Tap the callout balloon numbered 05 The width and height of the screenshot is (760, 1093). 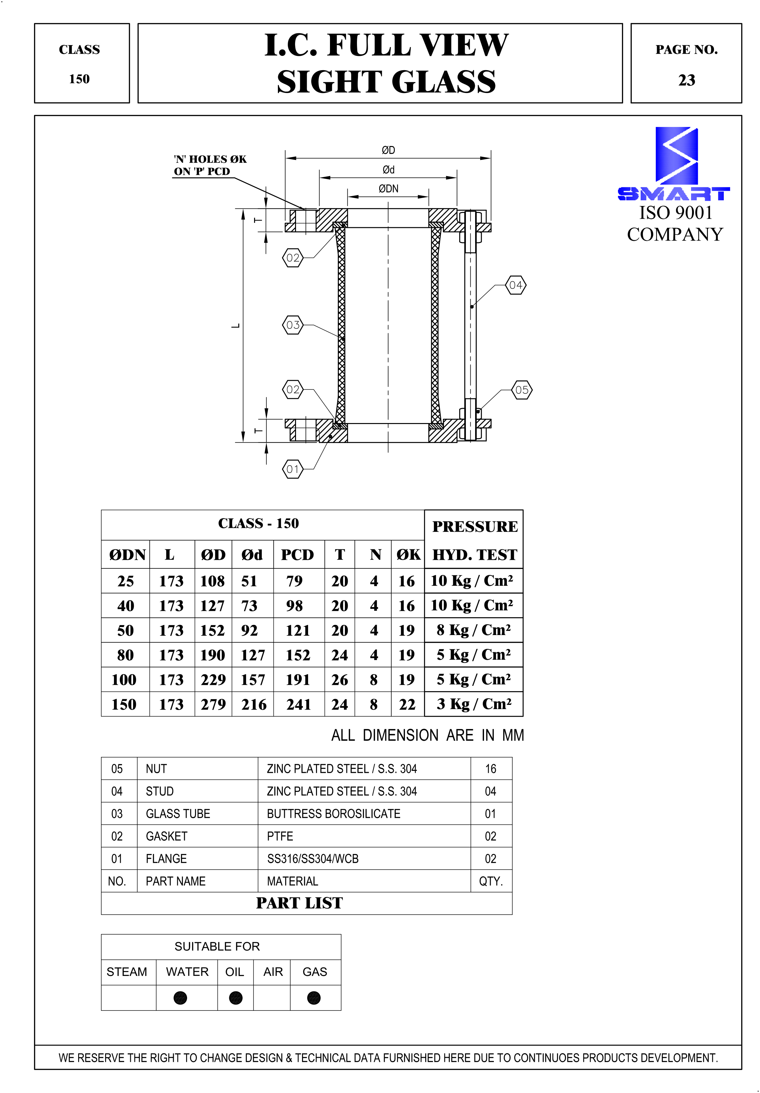[521, 390]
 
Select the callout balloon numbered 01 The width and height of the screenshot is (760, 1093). [293, 469]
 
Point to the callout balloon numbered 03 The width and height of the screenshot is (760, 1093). [293, 325]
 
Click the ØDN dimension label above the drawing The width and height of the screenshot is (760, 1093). [388, 189]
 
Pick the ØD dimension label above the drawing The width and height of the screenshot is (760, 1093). [388, 150]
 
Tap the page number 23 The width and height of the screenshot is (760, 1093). [686, 80]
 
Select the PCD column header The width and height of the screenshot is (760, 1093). [297, 555]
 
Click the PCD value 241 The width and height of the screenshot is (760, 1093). [299, 704]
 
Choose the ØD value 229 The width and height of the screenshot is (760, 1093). [213, 679]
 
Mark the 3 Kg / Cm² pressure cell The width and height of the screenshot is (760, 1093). [474, 704]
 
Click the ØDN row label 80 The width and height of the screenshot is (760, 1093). [125, 655]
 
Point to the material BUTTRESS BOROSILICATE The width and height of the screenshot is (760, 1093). [333, 814]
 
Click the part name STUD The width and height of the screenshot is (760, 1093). [159, 791]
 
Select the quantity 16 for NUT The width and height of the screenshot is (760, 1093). [490, 769]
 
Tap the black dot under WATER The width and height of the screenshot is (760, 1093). [180, 998]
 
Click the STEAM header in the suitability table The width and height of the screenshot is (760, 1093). [127, 972]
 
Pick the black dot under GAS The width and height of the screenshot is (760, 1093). [314, 998]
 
